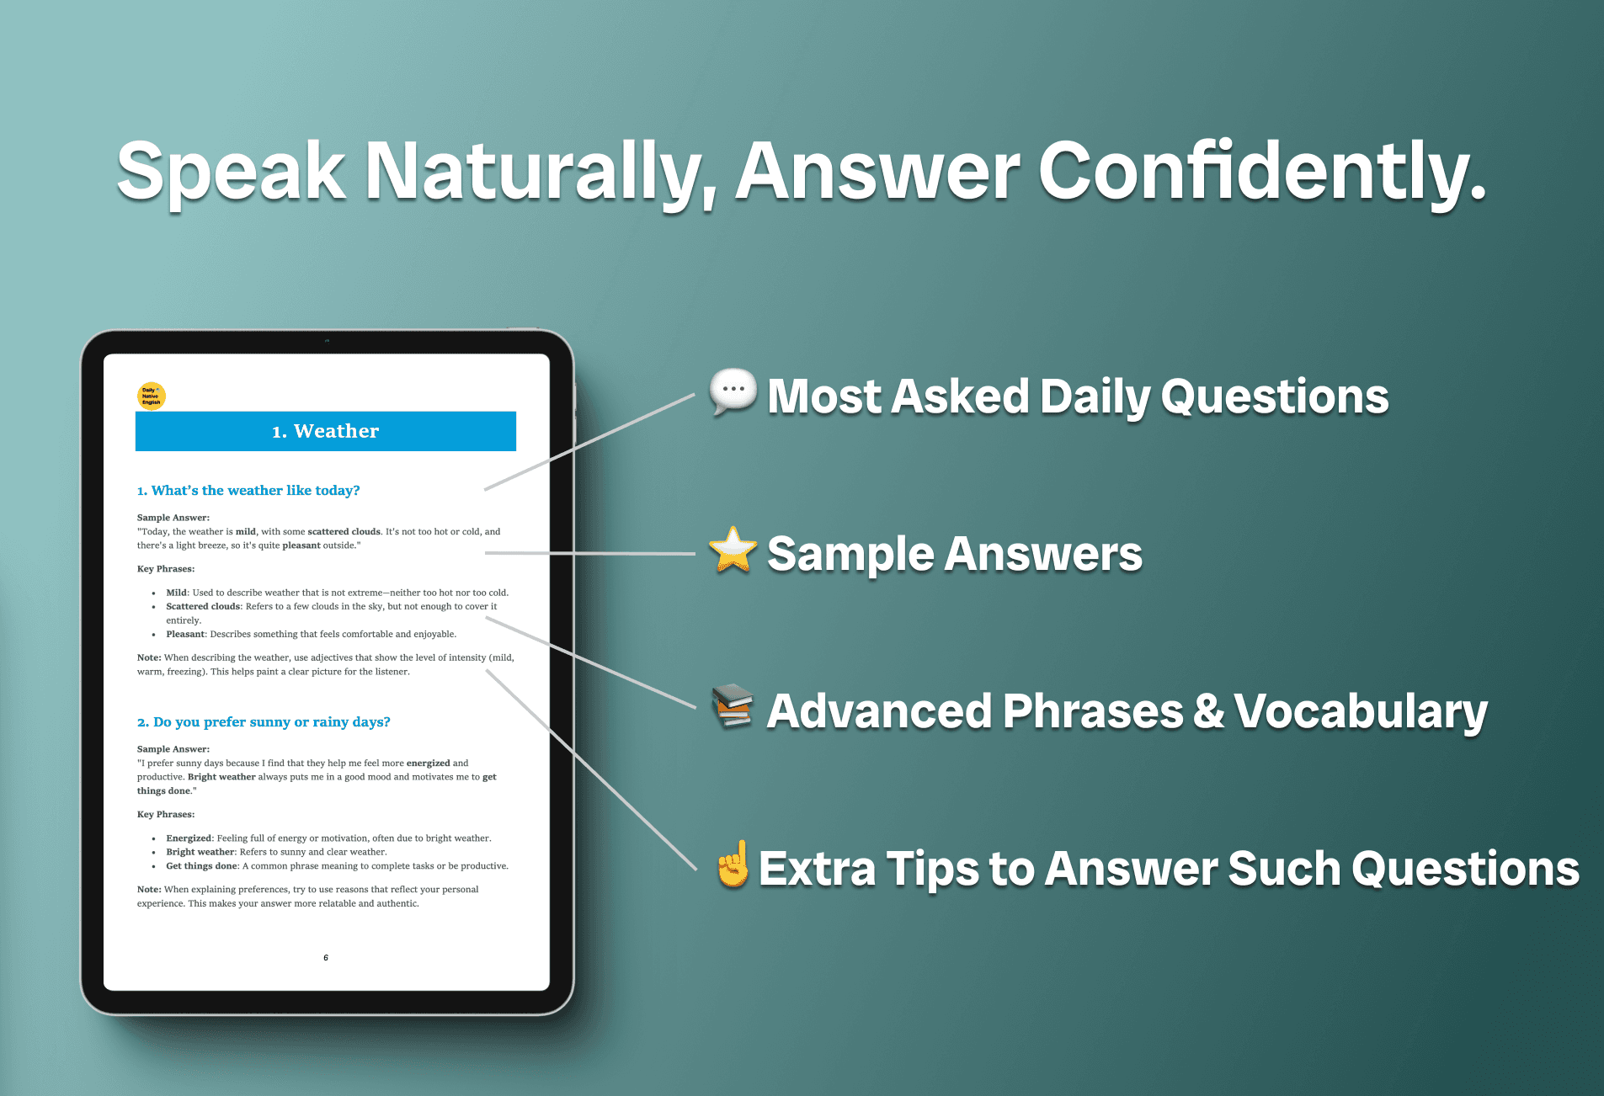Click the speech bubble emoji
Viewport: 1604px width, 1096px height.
click(733, 392)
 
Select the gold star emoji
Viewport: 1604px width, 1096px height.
click(733, 550)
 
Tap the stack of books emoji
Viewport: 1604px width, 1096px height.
click(733, 706)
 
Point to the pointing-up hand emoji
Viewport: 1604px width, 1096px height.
click(733, 864)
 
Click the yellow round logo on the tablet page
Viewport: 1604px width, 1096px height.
click(152, 396)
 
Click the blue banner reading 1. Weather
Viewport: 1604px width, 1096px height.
click(326, 431)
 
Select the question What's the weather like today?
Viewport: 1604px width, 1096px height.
click(248, 491)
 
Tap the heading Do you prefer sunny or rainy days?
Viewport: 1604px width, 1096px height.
click(264, 722)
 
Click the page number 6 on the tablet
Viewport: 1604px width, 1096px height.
click(326, 958)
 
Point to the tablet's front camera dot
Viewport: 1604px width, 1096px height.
click(327, 341)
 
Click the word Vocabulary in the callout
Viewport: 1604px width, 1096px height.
click(1361, 712)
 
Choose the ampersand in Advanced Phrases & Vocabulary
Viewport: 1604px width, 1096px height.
click(1208, 710)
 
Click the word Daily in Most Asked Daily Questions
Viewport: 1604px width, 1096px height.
click(1095, 397)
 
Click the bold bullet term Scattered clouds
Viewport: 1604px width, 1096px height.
click(203, 606)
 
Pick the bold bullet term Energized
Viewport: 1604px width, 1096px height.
click(189, 838)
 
